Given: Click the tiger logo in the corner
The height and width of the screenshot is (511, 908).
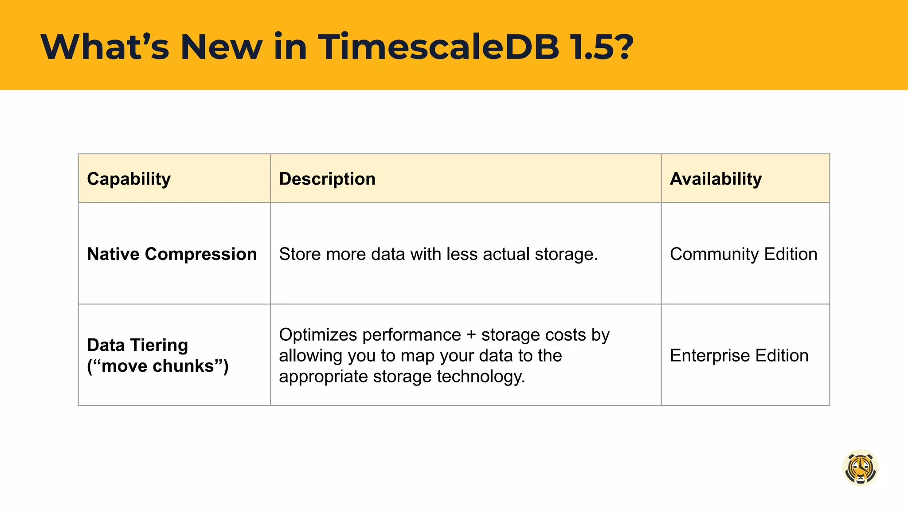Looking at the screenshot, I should click(860, 468).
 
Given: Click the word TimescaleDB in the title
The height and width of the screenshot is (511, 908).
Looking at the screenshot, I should click(438, 47).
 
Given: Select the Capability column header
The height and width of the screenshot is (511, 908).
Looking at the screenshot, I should click(129, 179).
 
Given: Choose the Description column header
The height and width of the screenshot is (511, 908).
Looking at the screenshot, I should click(327, 179).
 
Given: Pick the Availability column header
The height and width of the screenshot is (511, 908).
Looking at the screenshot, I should click(716, 179).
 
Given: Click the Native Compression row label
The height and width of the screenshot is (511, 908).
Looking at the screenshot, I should click(172, 254).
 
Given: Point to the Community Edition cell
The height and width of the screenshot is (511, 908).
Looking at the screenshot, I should click(744, 254).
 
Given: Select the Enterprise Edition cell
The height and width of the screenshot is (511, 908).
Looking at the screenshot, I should click(739, 355).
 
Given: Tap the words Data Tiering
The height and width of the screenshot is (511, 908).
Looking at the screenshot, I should click(137, 345).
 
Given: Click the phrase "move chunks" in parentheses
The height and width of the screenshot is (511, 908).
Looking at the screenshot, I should click(158, 366).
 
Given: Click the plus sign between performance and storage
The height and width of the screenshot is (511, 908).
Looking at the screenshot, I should click(471, 335).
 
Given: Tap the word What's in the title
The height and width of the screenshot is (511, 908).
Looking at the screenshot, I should click(105, 47).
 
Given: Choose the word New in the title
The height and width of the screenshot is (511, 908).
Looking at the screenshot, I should click(221, 47).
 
